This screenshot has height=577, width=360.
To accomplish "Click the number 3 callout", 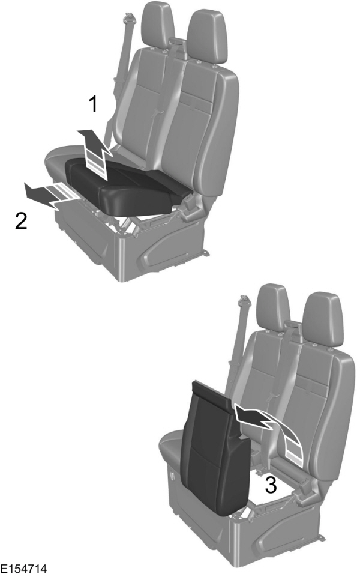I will coord(271,485).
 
